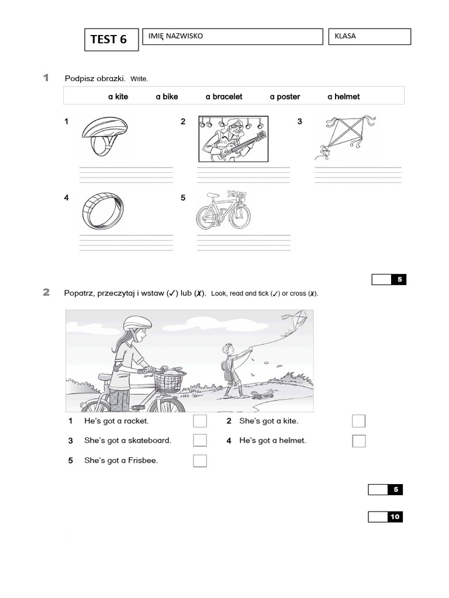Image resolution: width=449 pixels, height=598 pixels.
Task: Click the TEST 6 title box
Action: [x=111, y=39]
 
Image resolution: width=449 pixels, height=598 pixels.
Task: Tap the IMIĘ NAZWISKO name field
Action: [x=232, y=36]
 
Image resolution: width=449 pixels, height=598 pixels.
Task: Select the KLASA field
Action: [x=369, y=36]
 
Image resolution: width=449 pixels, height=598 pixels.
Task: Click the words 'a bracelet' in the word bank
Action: [x=223, y=96]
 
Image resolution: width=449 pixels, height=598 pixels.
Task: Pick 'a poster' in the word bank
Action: [x=285, y=96]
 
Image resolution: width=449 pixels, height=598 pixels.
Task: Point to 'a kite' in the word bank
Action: [x=118, y=96]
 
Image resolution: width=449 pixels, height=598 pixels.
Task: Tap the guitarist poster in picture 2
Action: [x=233, y=138]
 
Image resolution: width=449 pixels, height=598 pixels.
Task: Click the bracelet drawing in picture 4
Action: [x=102, y=211]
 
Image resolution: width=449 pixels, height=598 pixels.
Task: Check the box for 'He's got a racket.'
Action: [x=200, y=421]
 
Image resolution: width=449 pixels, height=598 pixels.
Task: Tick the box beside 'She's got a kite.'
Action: [x=358, y=421]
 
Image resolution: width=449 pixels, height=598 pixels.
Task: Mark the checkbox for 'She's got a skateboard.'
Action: [x=200, y=440]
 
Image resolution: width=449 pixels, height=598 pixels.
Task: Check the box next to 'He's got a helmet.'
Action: [x=358, y=441]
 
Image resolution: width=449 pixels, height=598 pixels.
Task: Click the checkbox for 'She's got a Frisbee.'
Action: [x=200, y=461]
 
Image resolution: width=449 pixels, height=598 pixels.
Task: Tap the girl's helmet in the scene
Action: [x=137, y=322]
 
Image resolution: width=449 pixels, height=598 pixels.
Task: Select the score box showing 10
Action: [x=385, y=517]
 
